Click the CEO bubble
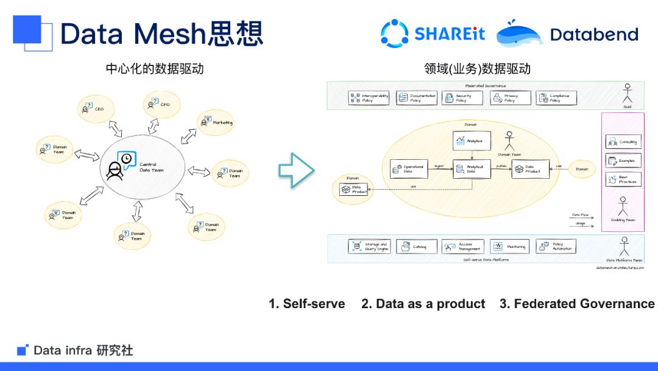(x=93, y=109)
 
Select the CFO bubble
(x=160, y=105)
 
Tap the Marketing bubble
(x=216, y=123)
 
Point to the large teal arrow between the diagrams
(x=296, y=170)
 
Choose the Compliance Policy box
(x=556, y=98)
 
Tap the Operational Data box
(x=409, y=169)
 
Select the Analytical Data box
(x=472, y=169)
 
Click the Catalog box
(x=416, y=247)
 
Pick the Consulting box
(x=622, y=142)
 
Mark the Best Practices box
(x=622, y=179)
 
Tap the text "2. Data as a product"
(x=423, y=303)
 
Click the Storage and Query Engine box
(x=369, y=247)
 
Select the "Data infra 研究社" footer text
(x=83, y=350)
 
